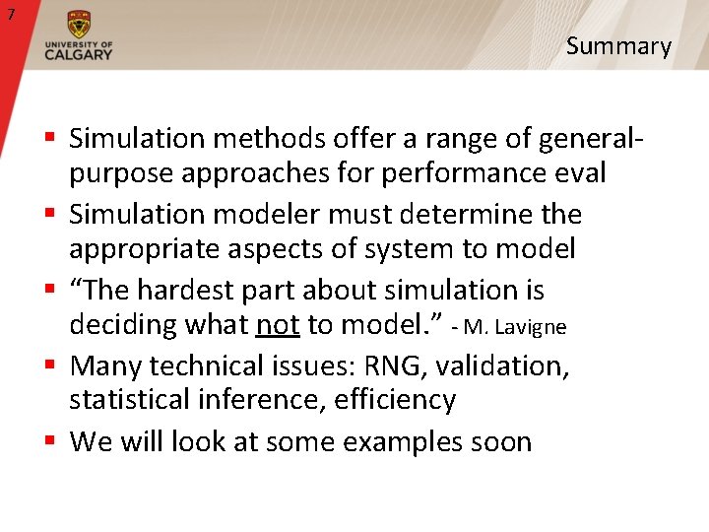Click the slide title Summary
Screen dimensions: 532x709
(618, 46)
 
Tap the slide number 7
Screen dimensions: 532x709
(11, 14)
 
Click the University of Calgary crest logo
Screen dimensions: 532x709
(78, 25)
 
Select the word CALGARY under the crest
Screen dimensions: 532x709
(79, 54)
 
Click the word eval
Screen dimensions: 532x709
(576, 173)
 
